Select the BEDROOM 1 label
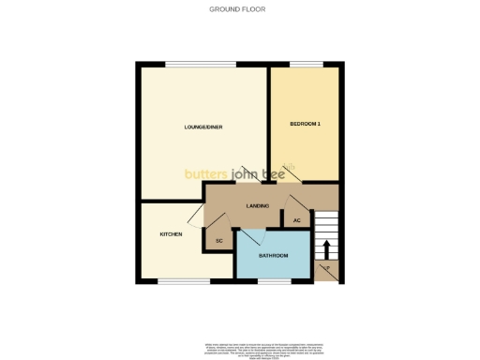pos(306,124)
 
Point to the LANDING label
pos(258,205)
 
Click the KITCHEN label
pos(171,234)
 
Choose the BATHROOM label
pos(273,255)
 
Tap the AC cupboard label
pos(296,220)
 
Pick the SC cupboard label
pos(218,241)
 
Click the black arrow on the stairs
pos(327,248)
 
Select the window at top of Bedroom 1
pos(304,64)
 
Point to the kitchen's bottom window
pos(175,279)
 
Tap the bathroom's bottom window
pos(273,279)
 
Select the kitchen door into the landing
pos(195,218)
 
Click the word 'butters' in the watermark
pos(207,173)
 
